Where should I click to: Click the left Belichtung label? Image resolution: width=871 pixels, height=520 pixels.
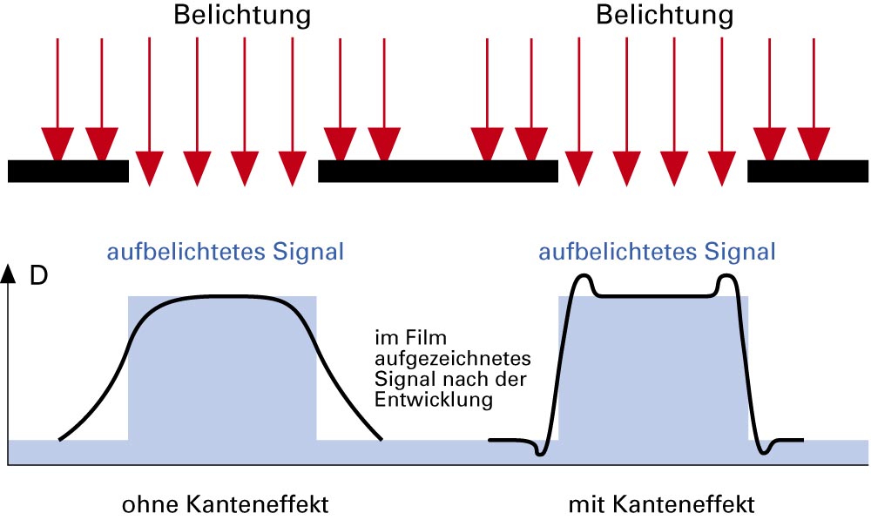coord(241,15)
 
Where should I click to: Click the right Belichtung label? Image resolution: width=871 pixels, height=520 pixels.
coord(664,15)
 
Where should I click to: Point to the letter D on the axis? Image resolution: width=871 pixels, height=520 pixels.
coord(39,276)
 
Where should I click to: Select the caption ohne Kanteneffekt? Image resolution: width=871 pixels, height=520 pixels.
coord(226,504)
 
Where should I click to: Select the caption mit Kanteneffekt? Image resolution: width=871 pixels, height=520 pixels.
coord(661,504)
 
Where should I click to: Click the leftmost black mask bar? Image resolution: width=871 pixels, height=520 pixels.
coord(68,171)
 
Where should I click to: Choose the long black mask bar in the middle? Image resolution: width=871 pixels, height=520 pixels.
coord(437,171)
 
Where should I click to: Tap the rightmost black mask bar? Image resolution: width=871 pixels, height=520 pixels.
coord(807,171)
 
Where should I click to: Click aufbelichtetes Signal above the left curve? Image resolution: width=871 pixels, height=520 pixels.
coord(225,253)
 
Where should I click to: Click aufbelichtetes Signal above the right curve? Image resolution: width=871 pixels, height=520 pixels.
coord(657,253)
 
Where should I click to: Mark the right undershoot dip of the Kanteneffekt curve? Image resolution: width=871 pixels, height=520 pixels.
coord(766,450)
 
